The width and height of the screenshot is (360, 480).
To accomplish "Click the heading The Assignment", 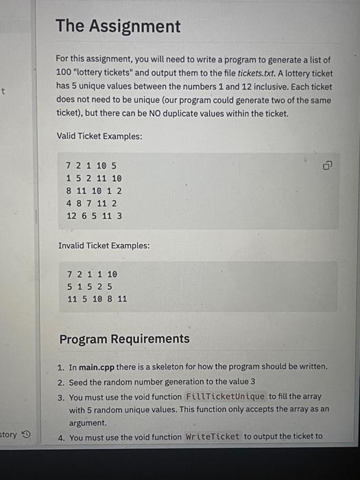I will (x=118, y=27).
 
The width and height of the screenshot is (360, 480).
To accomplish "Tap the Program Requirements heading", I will (x=124, y=339).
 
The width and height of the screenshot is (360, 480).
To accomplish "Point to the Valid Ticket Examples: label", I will (x=99, y=136).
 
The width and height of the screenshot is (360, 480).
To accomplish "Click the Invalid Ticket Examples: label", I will (x=104, y=245).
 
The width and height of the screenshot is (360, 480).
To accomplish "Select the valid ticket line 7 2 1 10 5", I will (x=91, y=166).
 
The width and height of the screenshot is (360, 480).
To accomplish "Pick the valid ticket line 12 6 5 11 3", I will (x=94, y=215).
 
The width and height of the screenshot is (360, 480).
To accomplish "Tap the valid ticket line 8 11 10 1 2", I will (x=94, y=191).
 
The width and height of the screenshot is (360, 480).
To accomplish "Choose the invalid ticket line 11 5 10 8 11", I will (x=97, y=299).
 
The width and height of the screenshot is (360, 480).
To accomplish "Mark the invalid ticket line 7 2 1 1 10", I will (x=91, y=274).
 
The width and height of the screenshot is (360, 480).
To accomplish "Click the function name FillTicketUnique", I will (x=225, y=397).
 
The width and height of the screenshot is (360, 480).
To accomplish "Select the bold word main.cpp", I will (x=100, y=367).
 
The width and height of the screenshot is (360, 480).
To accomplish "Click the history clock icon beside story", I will (x=27, y=435).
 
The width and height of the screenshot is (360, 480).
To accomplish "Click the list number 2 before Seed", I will (x=61, y=382).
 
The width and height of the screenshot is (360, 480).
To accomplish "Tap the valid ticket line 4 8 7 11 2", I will (x=91, y=203).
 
